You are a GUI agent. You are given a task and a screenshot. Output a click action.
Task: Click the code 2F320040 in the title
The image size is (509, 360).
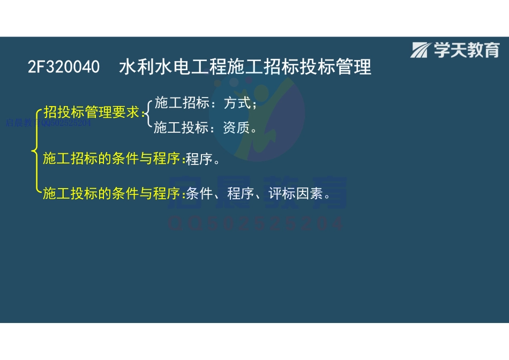64,67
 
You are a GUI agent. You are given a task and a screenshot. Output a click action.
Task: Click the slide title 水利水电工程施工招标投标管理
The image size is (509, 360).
245,67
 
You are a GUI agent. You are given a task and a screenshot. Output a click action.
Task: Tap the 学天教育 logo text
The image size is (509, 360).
467,50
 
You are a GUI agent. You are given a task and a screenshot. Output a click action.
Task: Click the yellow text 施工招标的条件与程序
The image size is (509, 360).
112,159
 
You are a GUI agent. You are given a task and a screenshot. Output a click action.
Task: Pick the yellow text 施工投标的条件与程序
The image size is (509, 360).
112,193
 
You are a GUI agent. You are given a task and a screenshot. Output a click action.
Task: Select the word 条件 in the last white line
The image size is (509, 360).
199,193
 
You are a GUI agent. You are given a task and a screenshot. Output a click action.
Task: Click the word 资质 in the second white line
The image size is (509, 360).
236,127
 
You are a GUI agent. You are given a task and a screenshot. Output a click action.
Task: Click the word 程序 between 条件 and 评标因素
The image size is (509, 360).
240,193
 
